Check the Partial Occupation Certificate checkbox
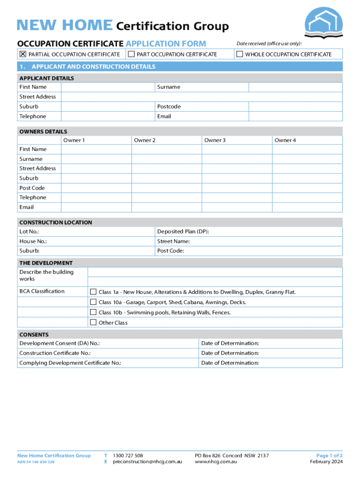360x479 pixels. tap(22, 54)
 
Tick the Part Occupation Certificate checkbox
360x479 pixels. tap(131, 54)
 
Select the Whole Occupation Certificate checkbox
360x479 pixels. tap(240, 54)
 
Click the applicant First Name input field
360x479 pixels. tap(108, 87)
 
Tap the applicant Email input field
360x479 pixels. tap(295, 116)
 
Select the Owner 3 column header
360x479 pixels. tap(215, 140)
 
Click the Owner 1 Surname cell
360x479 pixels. tap(96, 159)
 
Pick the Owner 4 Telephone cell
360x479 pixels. tap(307, 197)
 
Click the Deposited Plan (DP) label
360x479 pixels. tap(183, 232)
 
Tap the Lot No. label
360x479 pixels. tap(29, 232)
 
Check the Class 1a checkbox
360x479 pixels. tap(93, 292)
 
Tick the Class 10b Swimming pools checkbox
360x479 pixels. tap(93, 312)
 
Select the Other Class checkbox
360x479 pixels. tap(93, 322)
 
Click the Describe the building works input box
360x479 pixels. tap(215, 275)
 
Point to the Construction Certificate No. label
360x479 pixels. tap(55, 353)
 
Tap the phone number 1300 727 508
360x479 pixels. tap(128, 455)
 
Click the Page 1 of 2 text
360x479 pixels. tap(329, 455)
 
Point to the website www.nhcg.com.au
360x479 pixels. tap(216, 462)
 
